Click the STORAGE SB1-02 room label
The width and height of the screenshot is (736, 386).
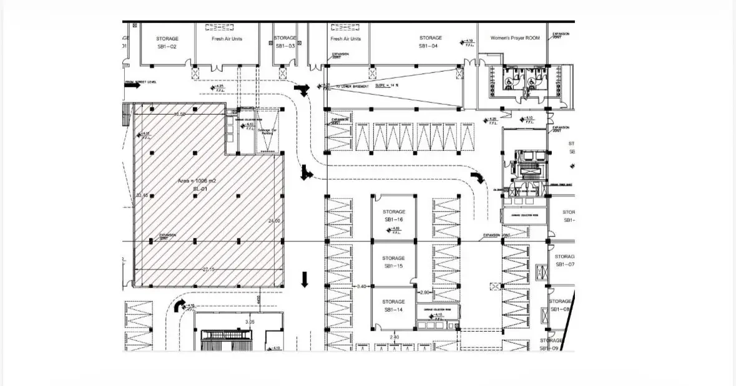point(167,42)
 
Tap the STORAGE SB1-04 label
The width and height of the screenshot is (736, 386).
point(430,42)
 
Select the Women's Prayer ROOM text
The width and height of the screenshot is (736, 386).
point(515,38)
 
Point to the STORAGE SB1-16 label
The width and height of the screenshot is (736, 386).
point(394,216)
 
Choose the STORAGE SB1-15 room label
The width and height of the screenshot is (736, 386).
point(393,262)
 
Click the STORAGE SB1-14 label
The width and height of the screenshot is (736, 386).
point(393,306)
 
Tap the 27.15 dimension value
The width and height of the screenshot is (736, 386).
point(209,269)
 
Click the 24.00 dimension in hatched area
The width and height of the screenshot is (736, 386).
point(274,221)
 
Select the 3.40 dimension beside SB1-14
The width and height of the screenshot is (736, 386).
point(361,286)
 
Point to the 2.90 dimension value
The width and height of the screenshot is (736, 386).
point(425,292)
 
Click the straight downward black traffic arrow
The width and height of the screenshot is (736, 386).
point(305,279)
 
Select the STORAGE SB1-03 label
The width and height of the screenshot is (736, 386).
point(285,42)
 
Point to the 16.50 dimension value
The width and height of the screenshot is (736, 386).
point(180,114)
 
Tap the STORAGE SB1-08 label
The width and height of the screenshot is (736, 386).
point(560,306)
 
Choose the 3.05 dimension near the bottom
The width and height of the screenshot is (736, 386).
point(250,322)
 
